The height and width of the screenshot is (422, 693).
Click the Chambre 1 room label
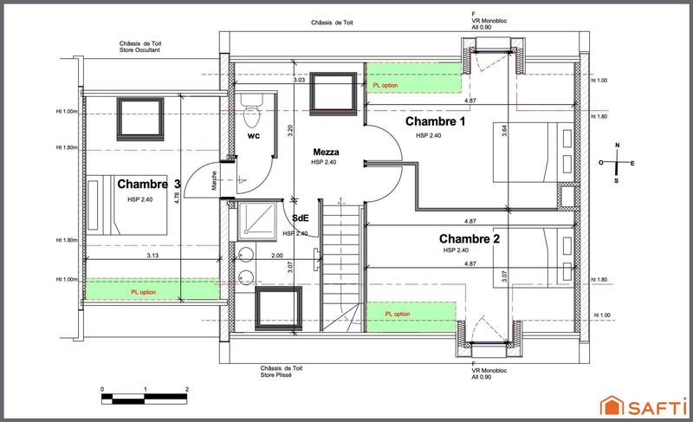[x=437, y=123]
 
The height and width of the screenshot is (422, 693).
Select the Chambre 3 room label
[x=149, y=185]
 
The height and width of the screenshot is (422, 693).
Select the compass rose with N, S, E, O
[x=616, y=163]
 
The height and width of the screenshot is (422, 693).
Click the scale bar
[x=145, y=399]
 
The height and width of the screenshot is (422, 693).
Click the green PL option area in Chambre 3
[x=152, y=292]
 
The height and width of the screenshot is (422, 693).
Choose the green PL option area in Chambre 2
[x=411, y=313]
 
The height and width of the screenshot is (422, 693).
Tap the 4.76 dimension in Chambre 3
[x=178, y=197]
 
